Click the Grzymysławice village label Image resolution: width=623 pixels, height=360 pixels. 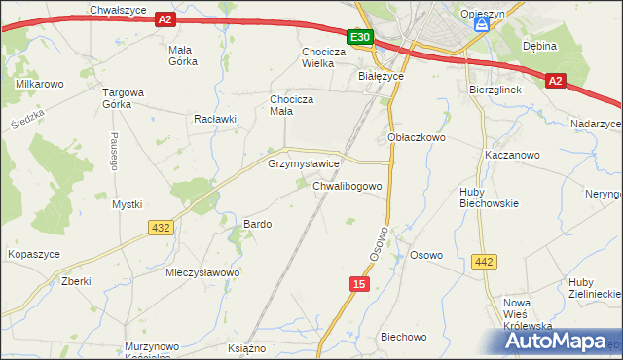[303, 164]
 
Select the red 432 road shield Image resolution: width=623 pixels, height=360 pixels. [162, 227]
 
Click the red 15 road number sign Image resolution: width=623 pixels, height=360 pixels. [360, 283]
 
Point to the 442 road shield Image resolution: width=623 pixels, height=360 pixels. [483, 261]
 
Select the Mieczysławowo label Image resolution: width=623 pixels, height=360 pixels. [202, 272]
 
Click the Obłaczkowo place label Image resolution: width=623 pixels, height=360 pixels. [417, 138]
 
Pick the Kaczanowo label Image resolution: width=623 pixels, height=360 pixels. [512, 155]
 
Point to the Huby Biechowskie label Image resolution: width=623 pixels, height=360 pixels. [489, 198]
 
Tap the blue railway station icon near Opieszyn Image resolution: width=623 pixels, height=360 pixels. [480, 28]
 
